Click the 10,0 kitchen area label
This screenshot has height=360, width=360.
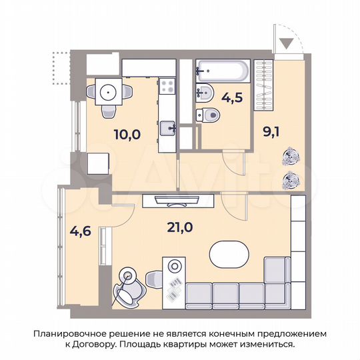pos(127,133)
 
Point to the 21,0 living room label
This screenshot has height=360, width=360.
pos(179,227)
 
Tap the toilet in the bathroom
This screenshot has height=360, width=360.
pos(209,115)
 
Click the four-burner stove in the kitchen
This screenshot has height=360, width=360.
pos(167,86)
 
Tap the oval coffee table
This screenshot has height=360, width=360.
pos(229,253)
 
